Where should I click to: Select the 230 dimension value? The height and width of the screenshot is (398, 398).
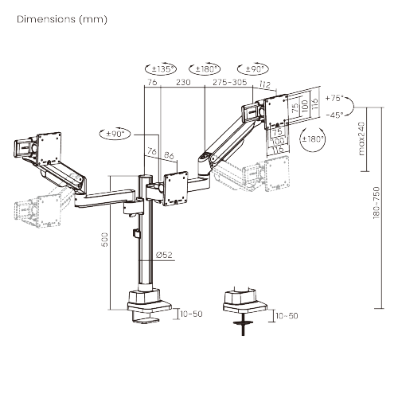[x=183, y=81]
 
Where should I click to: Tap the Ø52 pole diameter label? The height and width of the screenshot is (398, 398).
[x=165, y=255]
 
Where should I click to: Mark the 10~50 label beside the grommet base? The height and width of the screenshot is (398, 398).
[x=287, y=316]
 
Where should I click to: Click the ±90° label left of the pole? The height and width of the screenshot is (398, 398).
[x=115, y=134]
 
